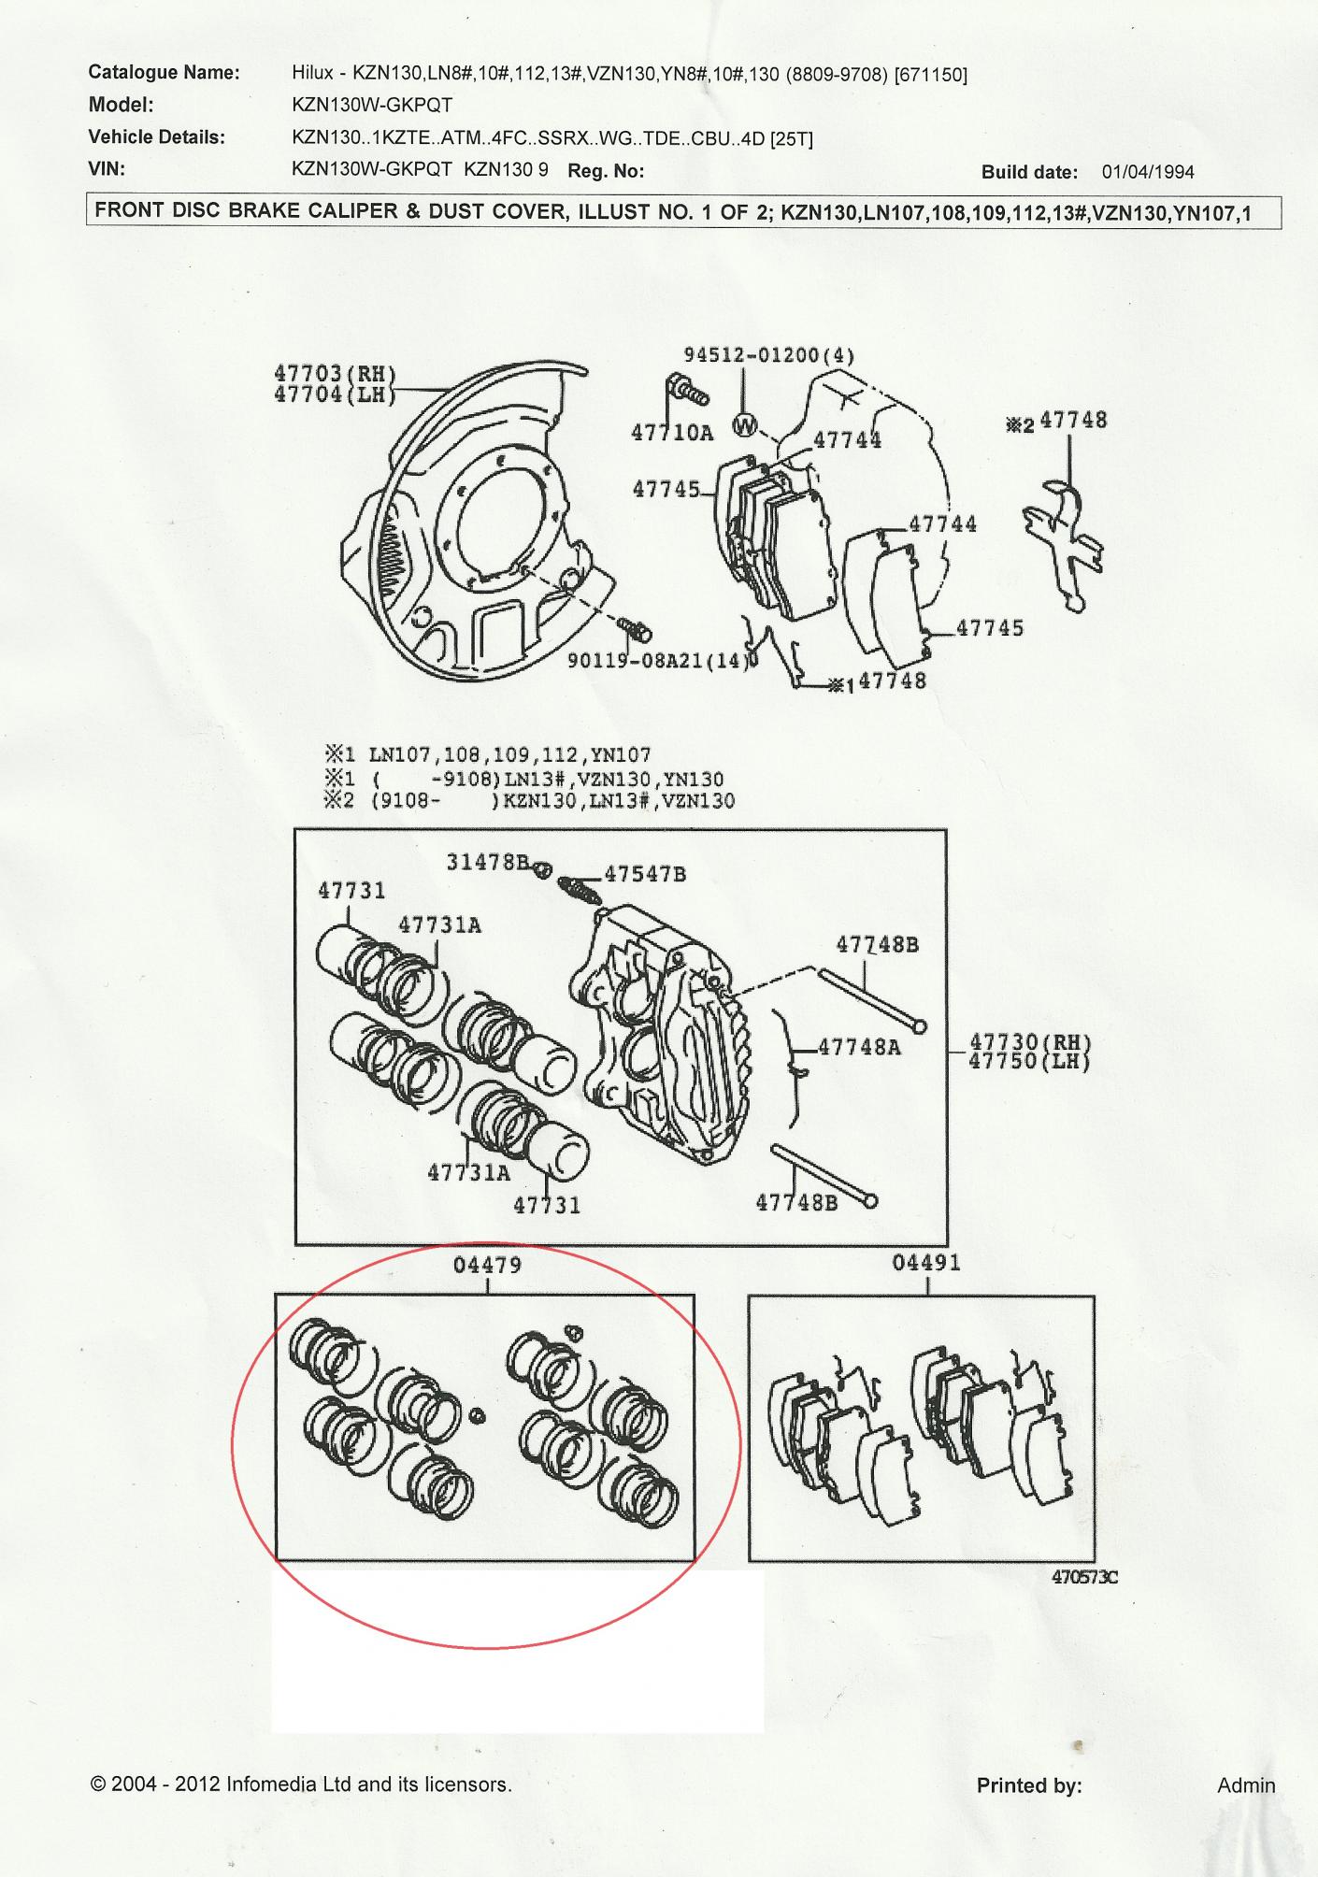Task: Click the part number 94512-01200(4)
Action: click(768, 355)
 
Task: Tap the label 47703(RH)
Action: click(334, 374)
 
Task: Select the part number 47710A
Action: click(671, 432)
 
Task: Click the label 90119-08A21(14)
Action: click(660, 661)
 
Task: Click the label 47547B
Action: click(645, 875)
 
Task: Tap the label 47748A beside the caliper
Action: click(859, 1047)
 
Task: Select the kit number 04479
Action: click(487, 1266)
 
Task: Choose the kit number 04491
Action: click(925, 1264)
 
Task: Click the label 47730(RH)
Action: click(1030, 1042)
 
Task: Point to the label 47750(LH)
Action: click(1030, 1061)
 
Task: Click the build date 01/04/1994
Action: click(1147, 172)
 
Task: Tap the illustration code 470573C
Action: click(1084, 1577)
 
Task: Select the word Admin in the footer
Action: click(1245, 1785)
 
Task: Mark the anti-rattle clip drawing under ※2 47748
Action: click(1063, 542)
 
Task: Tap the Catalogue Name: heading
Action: click(164, 73)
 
